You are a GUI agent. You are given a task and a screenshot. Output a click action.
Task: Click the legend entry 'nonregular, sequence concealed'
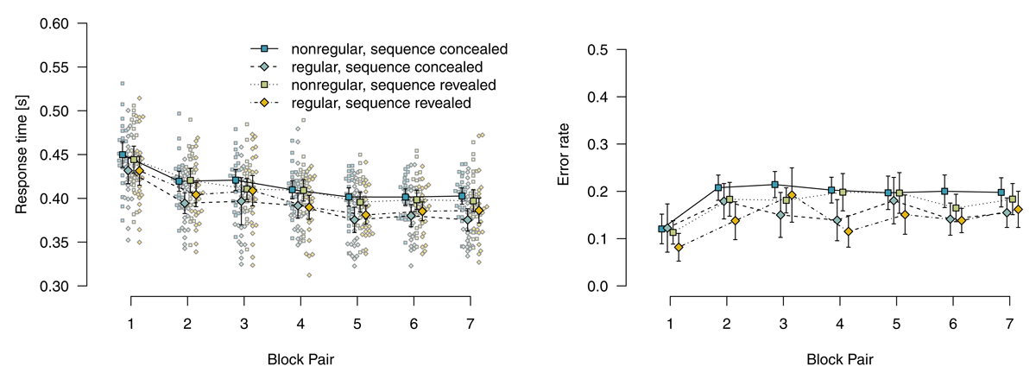pos(399,49)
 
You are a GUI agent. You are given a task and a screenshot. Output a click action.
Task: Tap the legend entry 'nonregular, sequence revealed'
pos(393,85)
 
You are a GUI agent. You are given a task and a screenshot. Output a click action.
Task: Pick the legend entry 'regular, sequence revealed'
pos(381,103)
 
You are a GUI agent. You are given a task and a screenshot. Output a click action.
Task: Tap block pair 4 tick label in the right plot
pos(838,321)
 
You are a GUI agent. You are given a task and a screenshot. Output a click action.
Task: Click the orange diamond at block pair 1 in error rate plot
pos(679,248)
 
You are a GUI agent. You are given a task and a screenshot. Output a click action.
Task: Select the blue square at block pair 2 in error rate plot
pos(718,187)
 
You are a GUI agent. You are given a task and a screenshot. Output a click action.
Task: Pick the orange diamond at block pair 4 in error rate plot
pos(848,231)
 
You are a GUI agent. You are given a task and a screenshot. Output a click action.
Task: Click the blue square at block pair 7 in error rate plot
pos(1001,193)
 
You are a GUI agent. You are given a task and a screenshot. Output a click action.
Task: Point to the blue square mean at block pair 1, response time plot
pos(123,155)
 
